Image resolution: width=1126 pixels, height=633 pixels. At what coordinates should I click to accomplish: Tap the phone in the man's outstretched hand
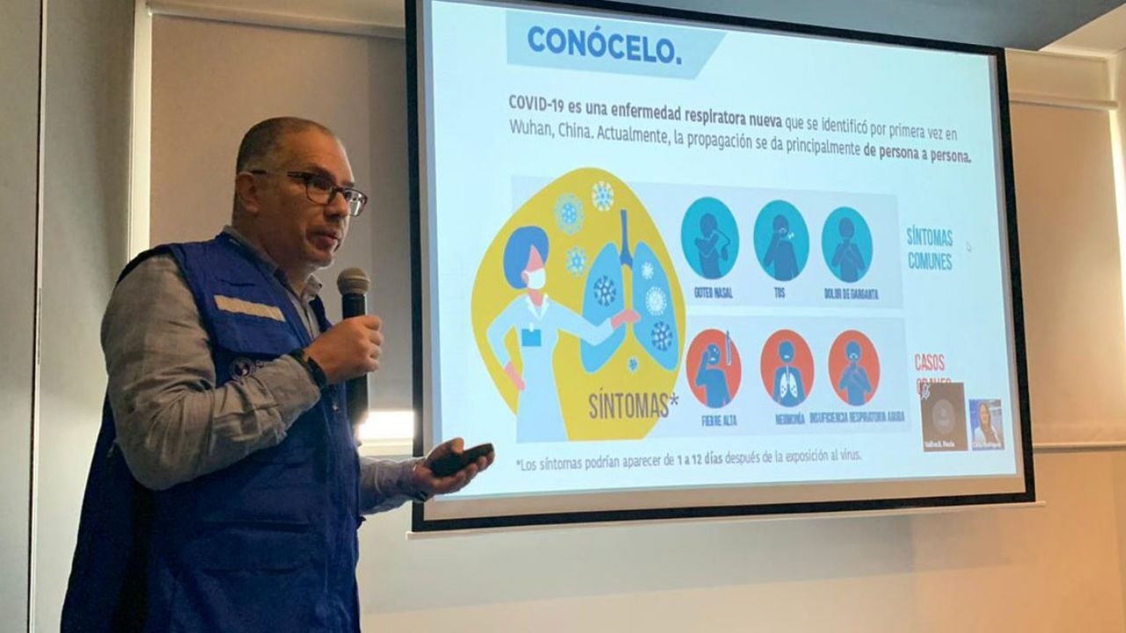point(461,458)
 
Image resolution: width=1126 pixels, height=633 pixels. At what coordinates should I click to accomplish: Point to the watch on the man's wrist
point(309,367)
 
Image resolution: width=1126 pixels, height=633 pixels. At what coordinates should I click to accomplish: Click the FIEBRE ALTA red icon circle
point(713,368)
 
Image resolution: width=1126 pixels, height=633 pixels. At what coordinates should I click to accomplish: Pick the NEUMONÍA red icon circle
point(786,368)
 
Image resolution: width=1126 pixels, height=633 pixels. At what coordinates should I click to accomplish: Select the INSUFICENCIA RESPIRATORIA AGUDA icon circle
point(852,368)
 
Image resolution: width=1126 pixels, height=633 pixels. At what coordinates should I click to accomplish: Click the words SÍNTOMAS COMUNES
point(930,248)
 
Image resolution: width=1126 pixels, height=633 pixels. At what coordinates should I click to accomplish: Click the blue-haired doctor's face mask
point(536,279)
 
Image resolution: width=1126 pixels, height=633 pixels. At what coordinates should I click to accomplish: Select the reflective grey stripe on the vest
point(249,309)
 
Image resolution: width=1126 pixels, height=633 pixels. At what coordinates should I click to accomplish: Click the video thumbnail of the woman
point(986,424)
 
